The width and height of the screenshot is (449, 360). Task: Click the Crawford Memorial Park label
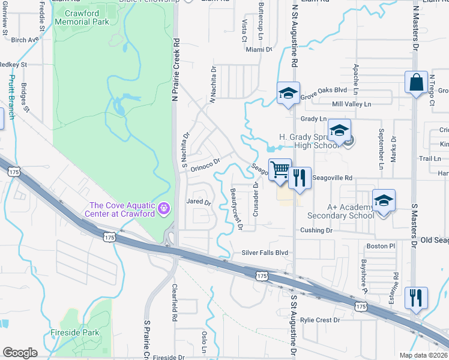click(x=82, y=17)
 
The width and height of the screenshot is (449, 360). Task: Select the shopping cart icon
click(x=280, y=170)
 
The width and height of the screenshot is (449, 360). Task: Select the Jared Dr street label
click(x=199, y=203)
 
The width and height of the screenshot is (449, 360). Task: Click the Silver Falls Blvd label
click(x=265, y=253)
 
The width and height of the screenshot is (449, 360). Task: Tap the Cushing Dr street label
click(x=316, y=230)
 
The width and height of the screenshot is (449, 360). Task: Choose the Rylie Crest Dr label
click(x=320, y=320)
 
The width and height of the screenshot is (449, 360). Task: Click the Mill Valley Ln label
click(x=351, y=104)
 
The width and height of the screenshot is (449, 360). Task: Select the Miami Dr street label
click(x=259, y=49)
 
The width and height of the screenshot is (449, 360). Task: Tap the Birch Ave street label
click(x=25, y=40)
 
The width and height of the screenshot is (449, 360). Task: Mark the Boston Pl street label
click(x=381, y=246)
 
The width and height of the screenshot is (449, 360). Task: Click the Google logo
click(x=20, y=352)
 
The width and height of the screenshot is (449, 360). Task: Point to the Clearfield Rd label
click(x=175, y=300)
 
